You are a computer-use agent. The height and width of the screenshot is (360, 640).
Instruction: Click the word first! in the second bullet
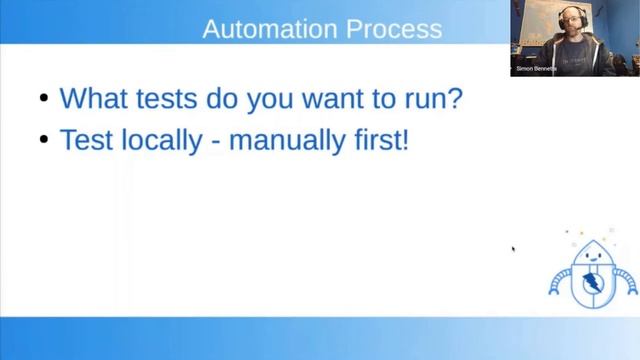379,140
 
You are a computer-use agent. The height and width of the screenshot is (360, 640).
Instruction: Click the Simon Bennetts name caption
537,69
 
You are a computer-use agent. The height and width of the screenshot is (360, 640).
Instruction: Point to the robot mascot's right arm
626,282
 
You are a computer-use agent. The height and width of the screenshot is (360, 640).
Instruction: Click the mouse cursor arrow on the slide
513,249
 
